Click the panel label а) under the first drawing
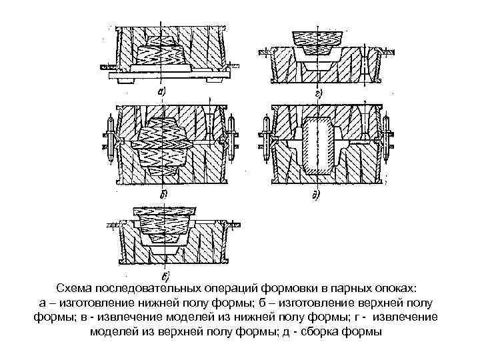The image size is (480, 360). click(x=162, y=91)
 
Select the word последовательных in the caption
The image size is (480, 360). click(x=153, y=288)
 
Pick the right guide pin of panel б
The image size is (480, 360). click(x=231, y=141)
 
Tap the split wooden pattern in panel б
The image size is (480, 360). click(x=163, y=146)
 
